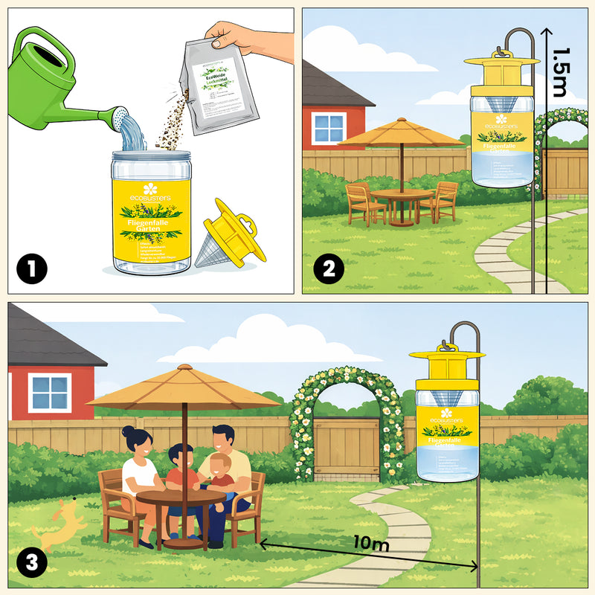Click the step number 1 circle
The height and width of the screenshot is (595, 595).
(30, 267)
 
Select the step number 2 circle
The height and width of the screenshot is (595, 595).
(328, 267)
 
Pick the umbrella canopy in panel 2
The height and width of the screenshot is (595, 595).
(402, 134)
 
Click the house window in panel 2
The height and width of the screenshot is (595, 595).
(329, 128)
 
